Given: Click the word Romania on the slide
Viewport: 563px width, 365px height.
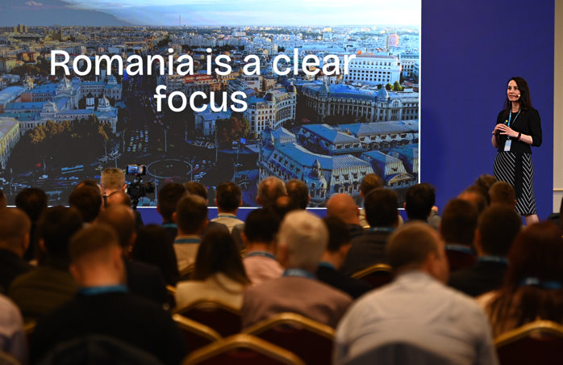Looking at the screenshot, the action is point(122,62).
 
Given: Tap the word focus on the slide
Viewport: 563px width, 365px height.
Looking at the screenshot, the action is point(201,98).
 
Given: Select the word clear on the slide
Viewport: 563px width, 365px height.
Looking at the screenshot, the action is point(313,62).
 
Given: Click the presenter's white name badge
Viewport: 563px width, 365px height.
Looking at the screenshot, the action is point(507,145).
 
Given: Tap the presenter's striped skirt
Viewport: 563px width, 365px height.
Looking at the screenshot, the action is point(516,182).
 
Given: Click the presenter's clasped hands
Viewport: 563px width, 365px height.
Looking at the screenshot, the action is point(502,129).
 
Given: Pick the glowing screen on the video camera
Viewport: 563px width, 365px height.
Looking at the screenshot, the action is point(136,170).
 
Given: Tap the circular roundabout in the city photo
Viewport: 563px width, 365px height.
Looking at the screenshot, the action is point(169,168).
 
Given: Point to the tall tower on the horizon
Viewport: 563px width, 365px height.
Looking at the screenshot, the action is point(180,21).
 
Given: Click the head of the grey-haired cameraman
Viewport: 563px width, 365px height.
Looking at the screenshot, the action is point(113,180).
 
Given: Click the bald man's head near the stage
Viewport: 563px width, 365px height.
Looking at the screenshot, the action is point(343,208).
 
